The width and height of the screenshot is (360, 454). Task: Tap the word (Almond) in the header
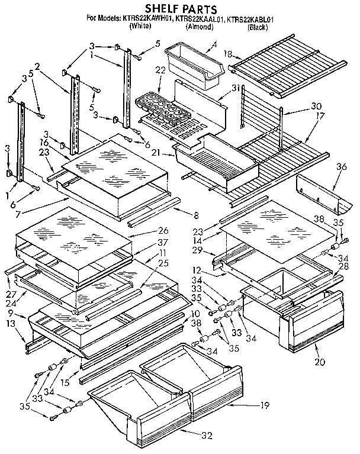[200, 27]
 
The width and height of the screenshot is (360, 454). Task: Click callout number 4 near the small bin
[214, 44]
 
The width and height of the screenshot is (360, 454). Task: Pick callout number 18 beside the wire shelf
[227, 54]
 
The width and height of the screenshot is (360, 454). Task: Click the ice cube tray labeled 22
[164, 107]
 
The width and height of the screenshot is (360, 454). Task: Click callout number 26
[163, 230]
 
